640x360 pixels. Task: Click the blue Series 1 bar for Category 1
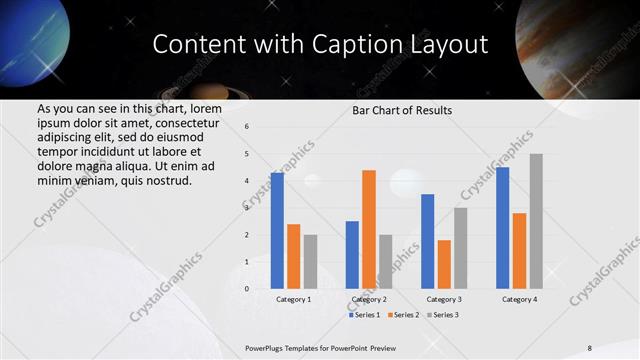(x=277, y=231)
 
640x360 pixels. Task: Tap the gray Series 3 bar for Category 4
(x=536, y=221)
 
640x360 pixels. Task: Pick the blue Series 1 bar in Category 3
(x=427, y=241)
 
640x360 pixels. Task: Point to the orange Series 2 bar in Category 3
(x=444, y=264)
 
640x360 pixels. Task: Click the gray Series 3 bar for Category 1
(x=310, y=262)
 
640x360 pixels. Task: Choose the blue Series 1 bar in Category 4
(x=502, y=228)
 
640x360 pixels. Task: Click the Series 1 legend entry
(x=366, y=315)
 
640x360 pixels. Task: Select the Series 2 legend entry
(x=405, y=315)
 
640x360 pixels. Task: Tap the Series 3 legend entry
(x=444, y=315)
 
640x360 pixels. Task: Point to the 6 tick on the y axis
(x=247, y=126)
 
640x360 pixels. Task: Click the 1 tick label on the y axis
(x=247, y=262)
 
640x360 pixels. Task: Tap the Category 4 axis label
(x=519, y=299)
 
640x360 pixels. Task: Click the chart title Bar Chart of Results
(x=402, y=110)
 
